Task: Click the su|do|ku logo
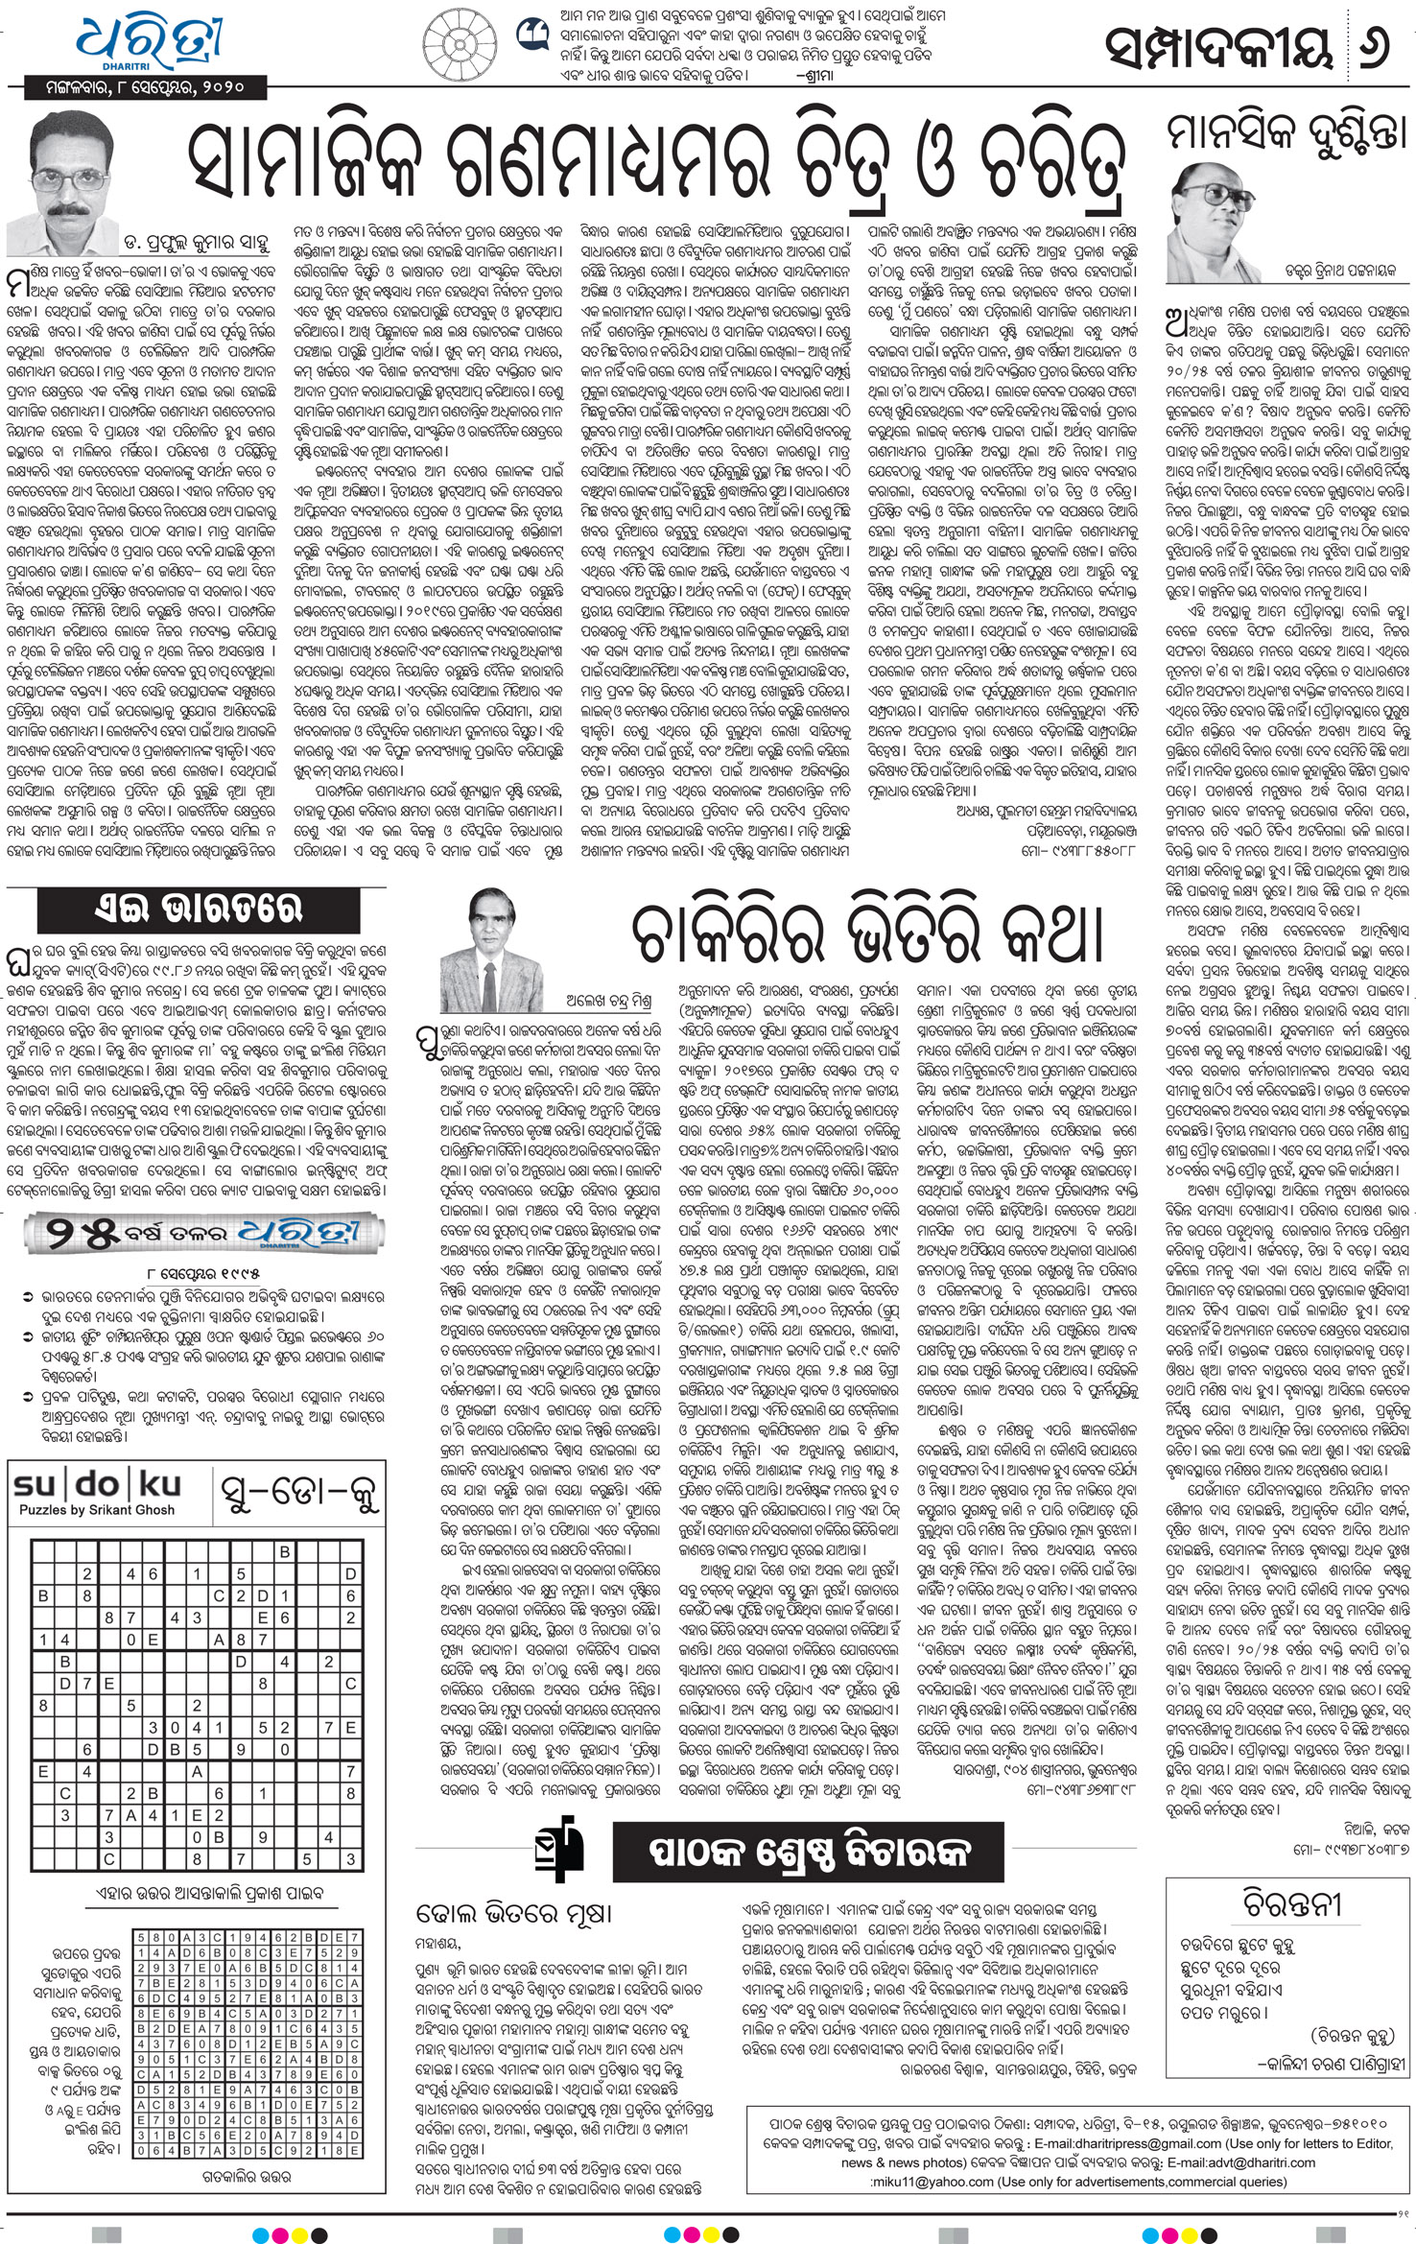pyautogui.click(x=97, y=1485)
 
